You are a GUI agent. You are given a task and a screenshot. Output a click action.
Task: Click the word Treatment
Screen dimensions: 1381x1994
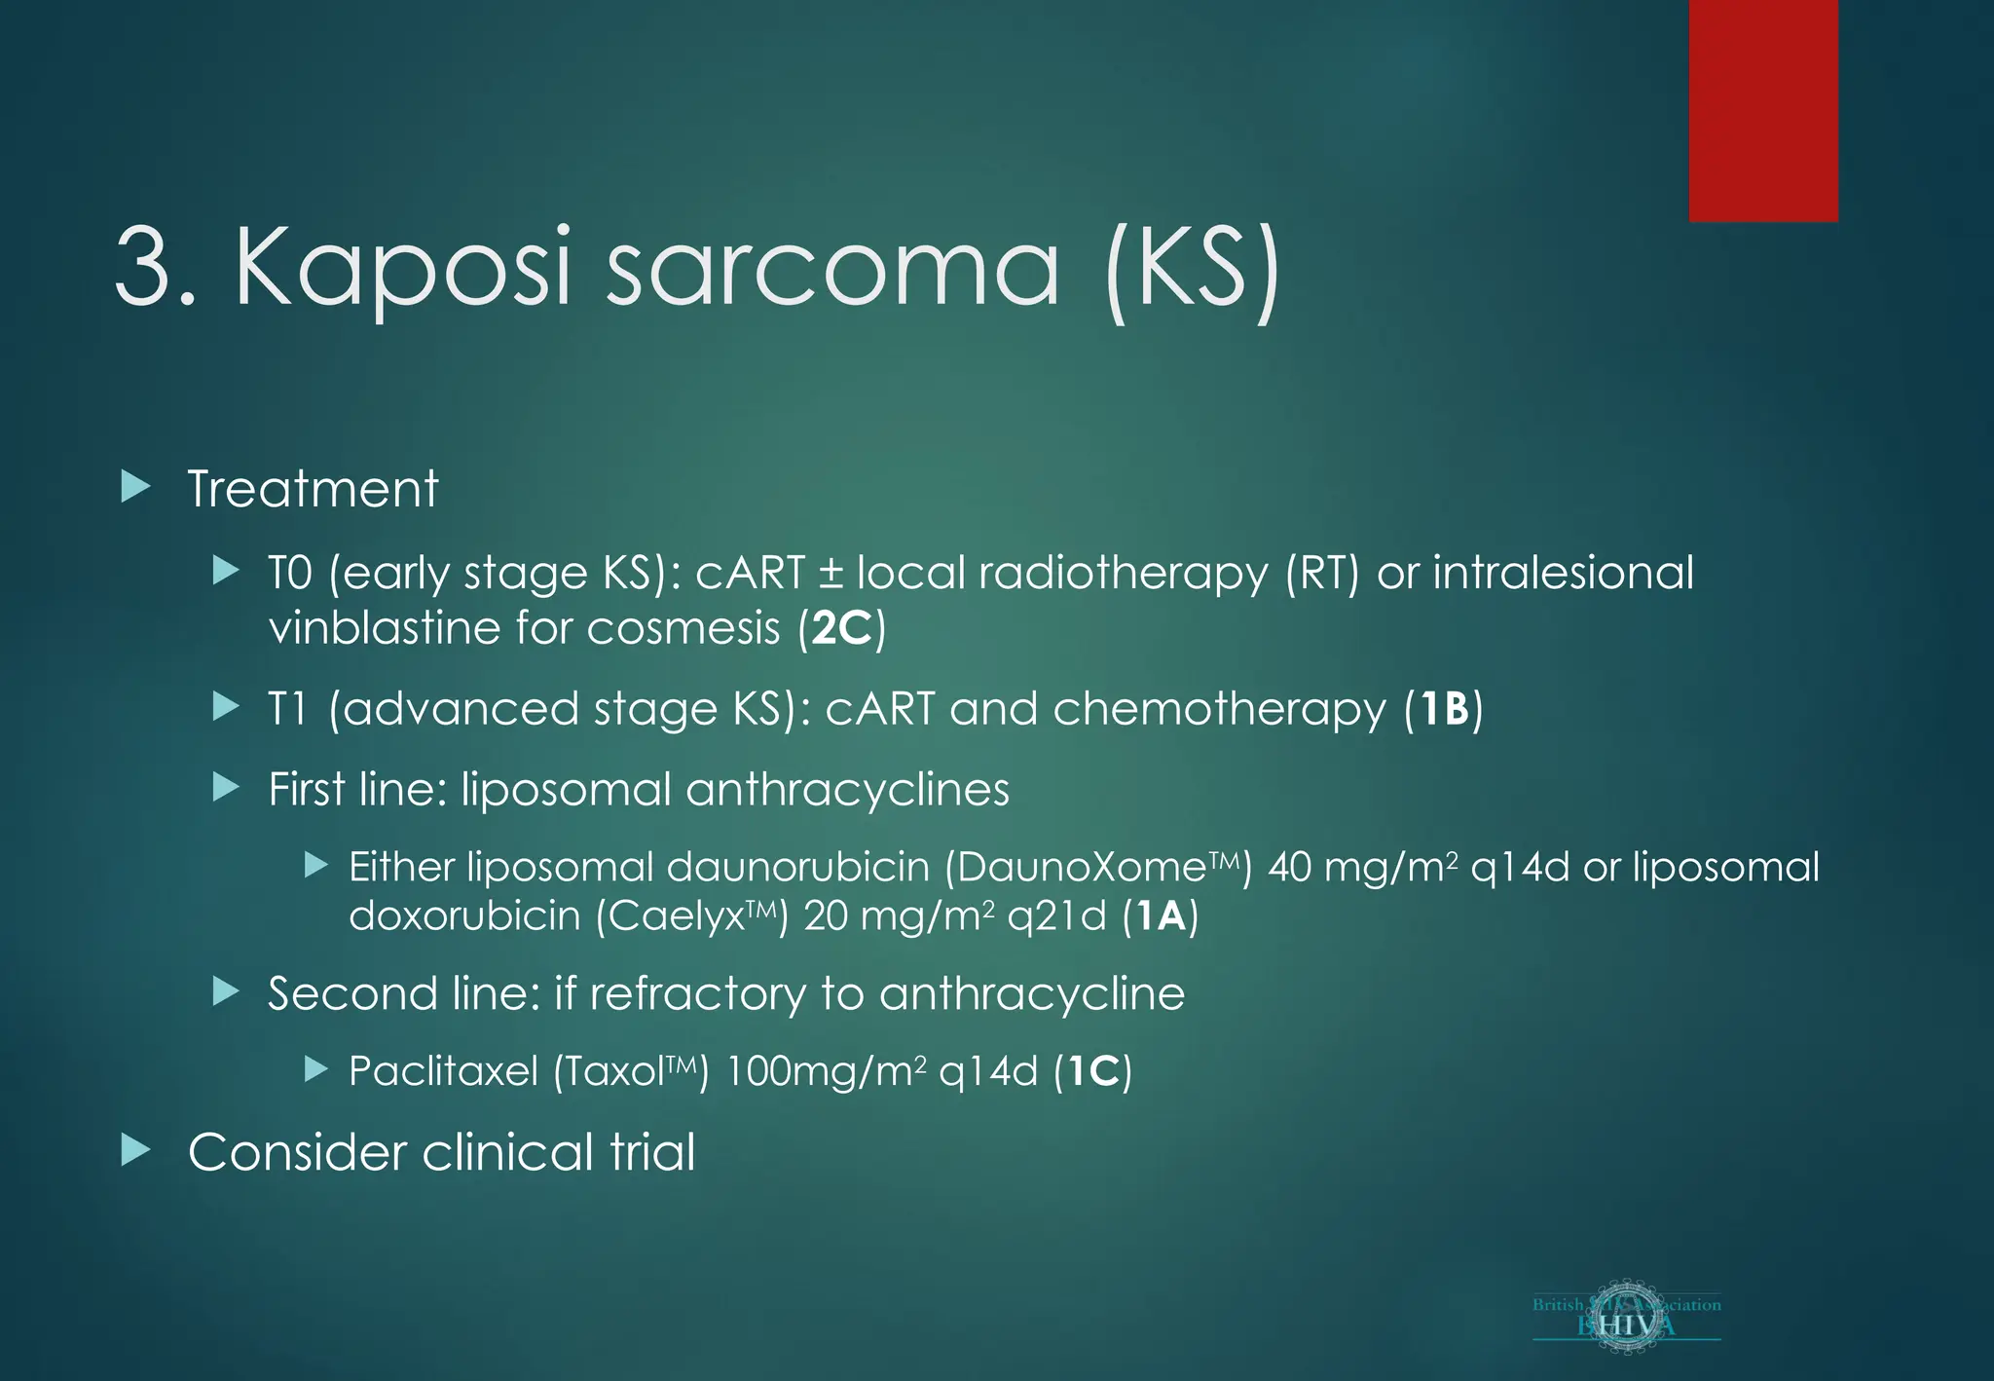click(x=313, y=489)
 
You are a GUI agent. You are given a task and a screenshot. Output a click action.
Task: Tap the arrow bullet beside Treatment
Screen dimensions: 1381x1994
click(x=136, y=487)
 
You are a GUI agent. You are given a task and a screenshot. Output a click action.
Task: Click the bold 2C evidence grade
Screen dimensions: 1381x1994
click(x=841, y=628)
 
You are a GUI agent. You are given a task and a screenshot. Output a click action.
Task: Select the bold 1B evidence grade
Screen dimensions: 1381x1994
click(x=1444, y=709)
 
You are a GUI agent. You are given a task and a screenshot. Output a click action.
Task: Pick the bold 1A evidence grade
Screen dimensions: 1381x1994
click(x=1161, y=916)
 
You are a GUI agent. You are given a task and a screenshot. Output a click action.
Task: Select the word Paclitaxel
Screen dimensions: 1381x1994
click(x=443, y=1072)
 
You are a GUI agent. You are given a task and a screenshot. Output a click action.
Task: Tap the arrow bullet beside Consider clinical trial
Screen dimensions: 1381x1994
click(x=136, y=1151)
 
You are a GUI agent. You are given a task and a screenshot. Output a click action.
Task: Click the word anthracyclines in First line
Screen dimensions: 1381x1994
click(x=847, y=790)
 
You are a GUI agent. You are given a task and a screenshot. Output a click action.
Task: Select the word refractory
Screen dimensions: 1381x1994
click(x=697, y=994)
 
